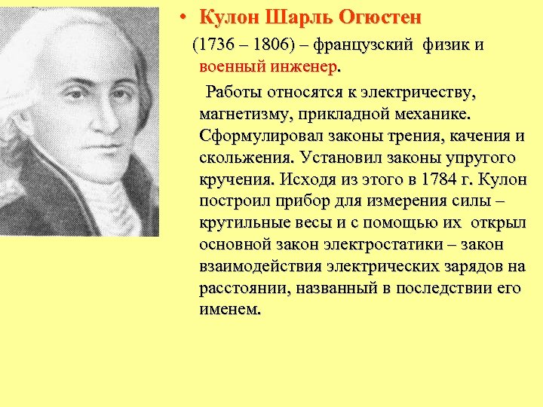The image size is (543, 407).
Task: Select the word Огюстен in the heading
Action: coord(375,17)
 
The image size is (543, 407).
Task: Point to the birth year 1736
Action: coord(219,45)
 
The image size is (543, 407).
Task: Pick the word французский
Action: coord(362,45)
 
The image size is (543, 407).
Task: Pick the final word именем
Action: coord(229,311)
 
